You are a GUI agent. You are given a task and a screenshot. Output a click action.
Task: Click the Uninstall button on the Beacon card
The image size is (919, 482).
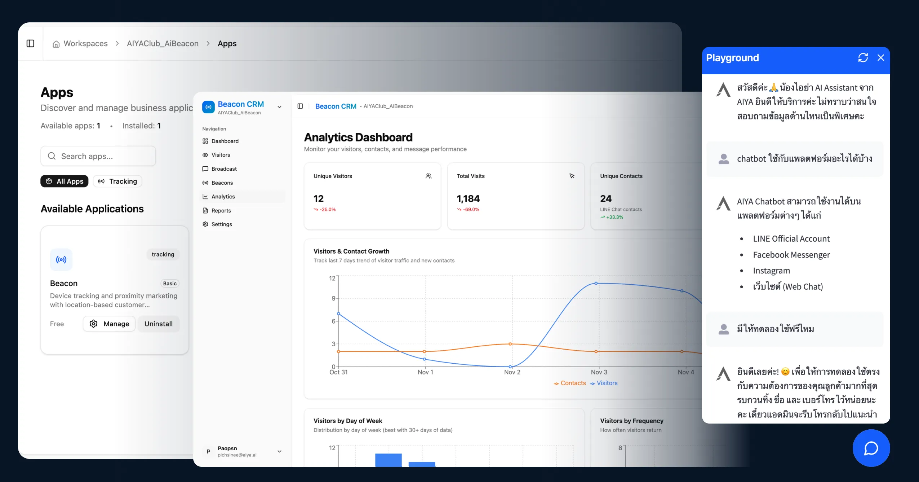click(x=158, y=324)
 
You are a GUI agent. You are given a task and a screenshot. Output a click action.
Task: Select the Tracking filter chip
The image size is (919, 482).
click(x=118, y=181)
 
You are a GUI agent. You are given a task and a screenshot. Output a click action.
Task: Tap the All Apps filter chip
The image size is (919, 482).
click(x=65, y=181)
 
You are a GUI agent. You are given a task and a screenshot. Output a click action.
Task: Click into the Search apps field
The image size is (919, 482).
click(x=98, y=156)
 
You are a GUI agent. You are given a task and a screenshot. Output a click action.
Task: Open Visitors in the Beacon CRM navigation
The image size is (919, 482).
click(x=221, y=155)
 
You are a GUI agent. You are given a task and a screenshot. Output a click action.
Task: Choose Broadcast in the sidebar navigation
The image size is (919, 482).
click(x=224, y=169)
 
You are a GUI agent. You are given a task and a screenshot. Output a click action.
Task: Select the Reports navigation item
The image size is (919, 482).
click(x=221, y=211)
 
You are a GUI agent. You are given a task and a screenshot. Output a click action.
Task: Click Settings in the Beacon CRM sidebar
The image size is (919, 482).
click(x=222, y=224)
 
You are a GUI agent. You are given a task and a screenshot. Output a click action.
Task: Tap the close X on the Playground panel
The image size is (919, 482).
click(x=880, y=58)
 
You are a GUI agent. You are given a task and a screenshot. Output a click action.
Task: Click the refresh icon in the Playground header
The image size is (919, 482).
click(x=863, y=58)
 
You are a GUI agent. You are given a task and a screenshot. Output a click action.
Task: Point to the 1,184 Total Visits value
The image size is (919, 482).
click(x=468, y=199)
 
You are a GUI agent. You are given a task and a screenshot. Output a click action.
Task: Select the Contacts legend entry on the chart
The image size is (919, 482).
click(x=570, y=383)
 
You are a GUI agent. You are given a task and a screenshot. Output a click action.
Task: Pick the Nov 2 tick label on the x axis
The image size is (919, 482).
click(x=512, y=372)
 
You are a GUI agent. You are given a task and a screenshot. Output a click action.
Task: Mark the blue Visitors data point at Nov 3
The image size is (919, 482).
click(x=596, y=283)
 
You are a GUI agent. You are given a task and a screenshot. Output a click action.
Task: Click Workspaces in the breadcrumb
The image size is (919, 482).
click(x=85, y=44)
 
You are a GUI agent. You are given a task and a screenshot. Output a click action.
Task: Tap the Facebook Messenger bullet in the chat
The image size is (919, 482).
click(x=791, y=255)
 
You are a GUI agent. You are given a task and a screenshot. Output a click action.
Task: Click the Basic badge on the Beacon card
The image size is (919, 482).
click(x=170, y=284)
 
